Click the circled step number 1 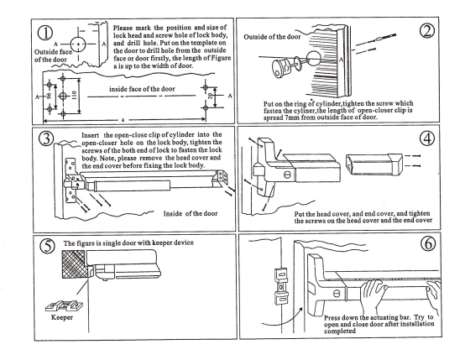tap(45, 33)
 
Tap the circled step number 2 tap(427, 31)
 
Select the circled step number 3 tap(46, 138)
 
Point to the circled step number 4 tap(427, 138)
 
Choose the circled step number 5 tap(48, 246)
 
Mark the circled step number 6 tap(428, 243)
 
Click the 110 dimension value tap(74, 95)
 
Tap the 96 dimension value tap(50, 96)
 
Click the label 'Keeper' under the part tap(62, 317)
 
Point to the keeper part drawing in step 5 tap(64, 305)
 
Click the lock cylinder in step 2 tap(281, 67)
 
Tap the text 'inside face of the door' tap(142, 89)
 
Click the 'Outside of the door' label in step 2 tap(272, 37)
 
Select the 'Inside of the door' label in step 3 tap(191, 213)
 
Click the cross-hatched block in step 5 tap(73, 264)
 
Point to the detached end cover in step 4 tap(374, 164)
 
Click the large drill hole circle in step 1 tap(78, 44)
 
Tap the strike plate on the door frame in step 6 tap(281, 286)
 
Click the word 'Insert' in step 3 tap(91, 135)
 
